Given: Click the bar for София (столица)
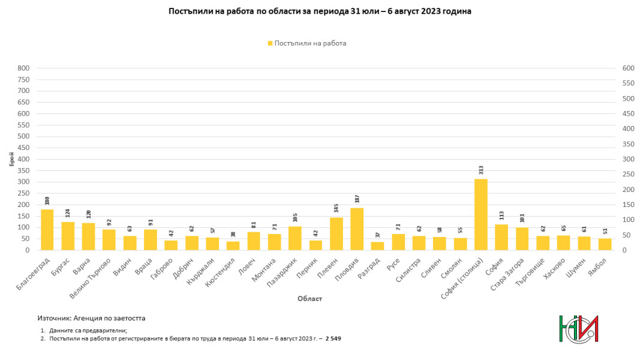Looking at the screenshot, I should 481,214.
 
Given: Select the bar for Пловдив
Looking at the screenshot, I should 357,229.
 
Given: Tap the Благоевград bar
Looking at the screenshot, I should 47,230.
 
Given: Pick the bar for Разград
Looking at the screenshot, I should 377,246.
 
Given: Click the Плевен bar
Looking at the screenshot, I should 336,233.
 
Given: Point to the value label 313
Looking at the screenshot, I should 481,170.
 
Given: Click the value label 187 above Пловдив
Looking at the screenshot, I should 357,199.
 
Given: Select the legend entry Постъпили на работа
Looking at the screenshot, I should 307,43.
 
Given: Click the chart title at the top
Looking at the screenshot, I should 320,11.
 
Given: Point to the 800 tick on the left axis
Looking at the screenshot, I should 23,68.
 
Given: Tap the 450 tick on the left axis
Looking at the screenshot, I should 23,148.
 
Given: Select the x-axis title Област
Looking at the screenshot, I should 310,299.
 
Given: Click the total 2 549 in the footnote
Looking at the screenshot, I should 333,339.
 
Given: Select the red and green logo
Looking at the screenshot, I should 578,329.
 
